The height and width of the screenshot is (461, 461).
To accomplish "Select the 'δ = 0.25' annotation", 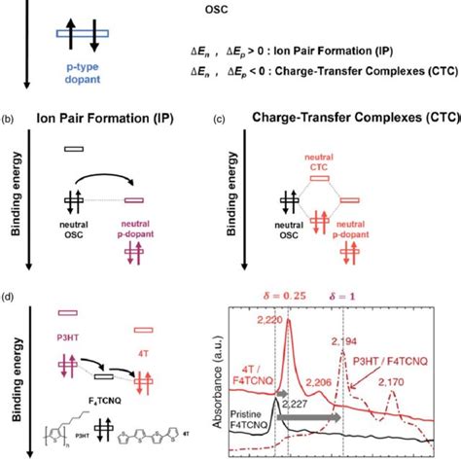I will pyautogui.click(x=281, y=297).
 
